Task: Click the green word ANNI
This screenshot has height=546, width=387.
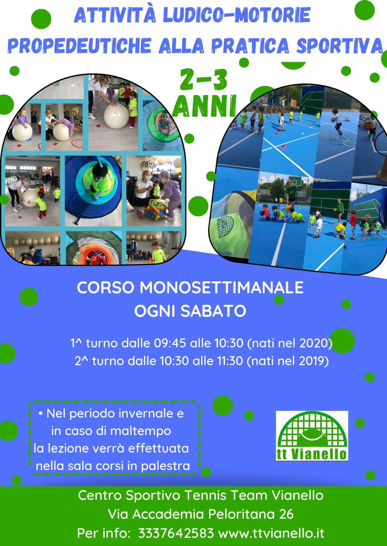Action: (204, 106)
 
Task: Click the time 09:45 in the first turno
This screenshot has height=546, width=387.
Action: (170, 343)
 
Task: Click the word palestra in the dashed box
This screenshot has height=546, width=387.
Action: (165, 466)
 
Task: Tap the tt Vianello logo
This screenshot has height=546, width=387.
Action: (312, 436)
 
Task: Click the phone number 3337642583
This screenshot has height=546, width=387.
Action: (176, 533)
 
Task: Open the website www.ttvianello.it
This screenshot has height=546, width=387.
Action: (271, 533)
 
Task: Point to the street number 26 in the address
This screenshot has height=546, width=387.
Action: (286, 514)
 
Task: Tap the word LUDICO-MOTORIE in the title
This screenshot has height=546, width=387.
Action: (237, 15)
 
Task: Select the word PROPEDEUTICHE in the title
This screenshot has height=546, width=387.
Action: (79, 45)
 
